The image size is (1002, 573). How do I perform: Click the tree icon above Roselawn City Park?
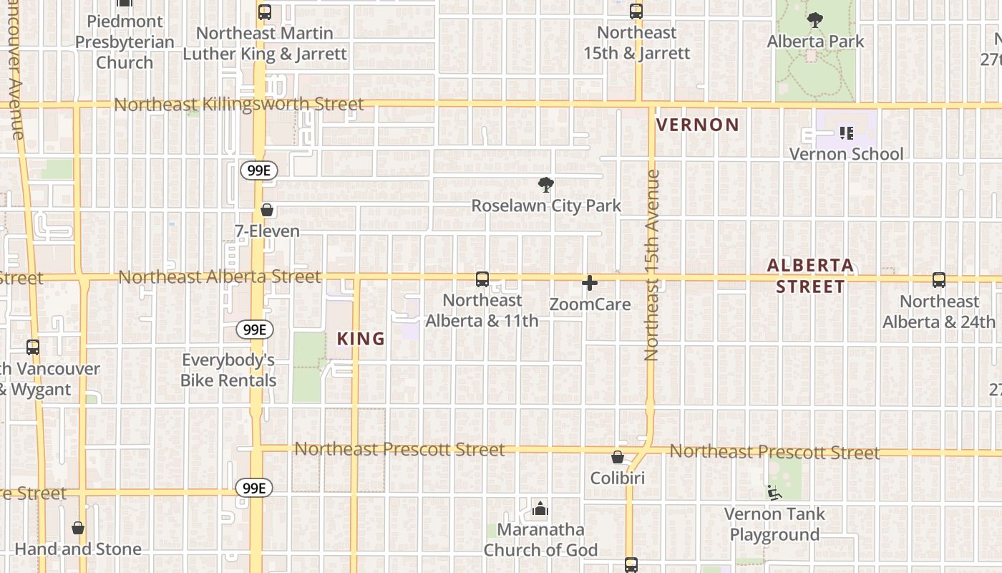[x=545, y=186]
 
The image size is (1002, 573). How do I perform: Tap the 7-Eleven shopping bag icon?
[x=267, y=210]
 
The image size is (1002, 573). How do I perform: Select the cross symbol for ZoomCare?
[x=590, y=283]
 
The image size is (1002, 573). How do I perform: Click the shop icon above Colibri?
[x=618, y=457]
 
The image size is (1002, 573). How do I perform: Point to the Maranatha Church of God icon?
[x=540, y=509]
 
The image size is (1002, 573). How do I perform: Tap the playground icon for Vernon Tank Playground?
[x=774, y=493]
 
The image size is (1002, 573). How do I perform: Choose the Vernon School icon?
[x=846, y=133]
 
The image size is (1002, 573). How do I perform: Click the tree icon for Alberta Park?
[x=814, y=20]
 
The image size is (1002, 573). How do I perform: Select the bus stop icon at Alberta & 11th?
[x=482, y=279]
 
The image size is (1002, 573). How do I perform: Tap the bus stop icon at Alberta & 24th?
[x=939, y=280]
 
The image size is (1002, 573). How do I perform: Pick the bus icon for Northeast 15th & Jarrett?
[x=636, y=11]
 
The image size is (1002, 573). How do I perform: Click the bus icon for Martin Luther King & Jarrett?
[x=265, y=11]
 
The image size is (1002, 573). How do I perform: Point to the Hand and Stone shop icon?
[x=78, y=529]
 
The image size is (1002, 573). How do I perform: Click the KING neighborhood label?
[x=361, y=339]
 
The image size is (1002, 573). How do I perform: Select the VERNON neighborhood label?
[x=698, y=125]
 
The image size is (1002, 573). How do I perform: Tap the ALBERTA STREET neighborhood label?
[x=810, y=276]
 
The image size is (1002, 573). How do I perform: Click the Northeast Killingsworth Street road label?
[x=239, y=105]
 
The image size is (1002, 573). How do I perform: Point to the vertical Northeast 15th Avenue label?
[x=651, y=265]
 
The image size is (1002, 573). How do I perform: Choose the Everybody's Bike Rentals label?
[x=228, y=370]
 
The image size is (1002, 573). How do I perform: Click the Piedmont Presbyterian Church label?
[x=125, y=42]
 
